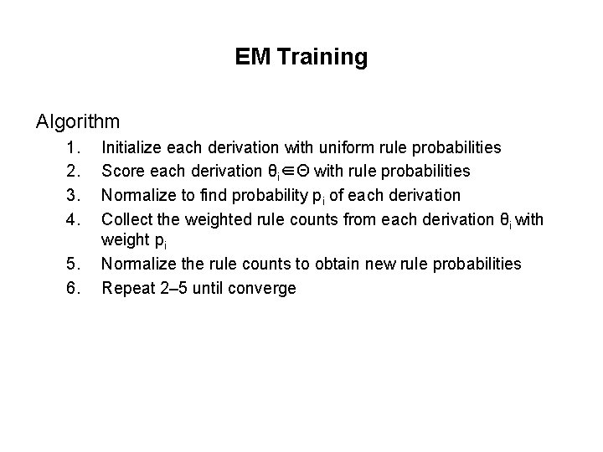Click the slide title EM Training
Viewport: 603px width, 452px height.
click(x=301, y=57)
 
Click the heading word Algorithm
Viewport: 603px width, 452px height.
click(x=78, y=121)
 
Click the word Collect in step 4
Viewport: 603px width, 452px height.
click(x=128, y=218)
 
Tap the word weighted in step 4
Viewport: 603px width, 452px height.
click(x=216, y=218)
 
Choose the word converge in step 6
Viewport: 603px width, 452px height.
click(x=264, y=289)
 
